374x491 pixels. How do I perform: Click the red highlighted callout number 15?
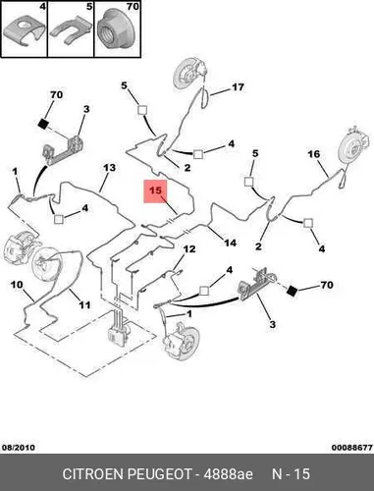[155, 191]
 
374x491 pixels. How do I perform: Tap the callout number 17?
[238, 87]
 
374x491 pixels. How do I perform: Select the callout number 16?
[313, 154]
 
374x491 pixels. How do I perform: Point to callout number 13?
[109, 168]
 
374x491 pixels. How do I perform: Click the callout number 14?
[230, 243]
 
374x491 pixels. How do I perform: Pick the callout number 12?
[189, 249]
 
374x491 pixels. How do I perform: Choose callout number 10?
[17, 285]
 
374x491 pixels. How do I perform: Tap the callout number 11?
[84, 305]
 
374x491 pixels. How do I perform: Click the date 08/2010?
[19, 448]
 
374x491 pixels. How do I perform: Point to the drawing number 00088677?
[352, 448]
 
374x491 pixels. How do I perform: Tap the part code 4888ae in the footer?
[229, 474]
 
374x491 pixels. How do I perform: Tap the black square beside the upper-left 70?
[43, 124]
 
